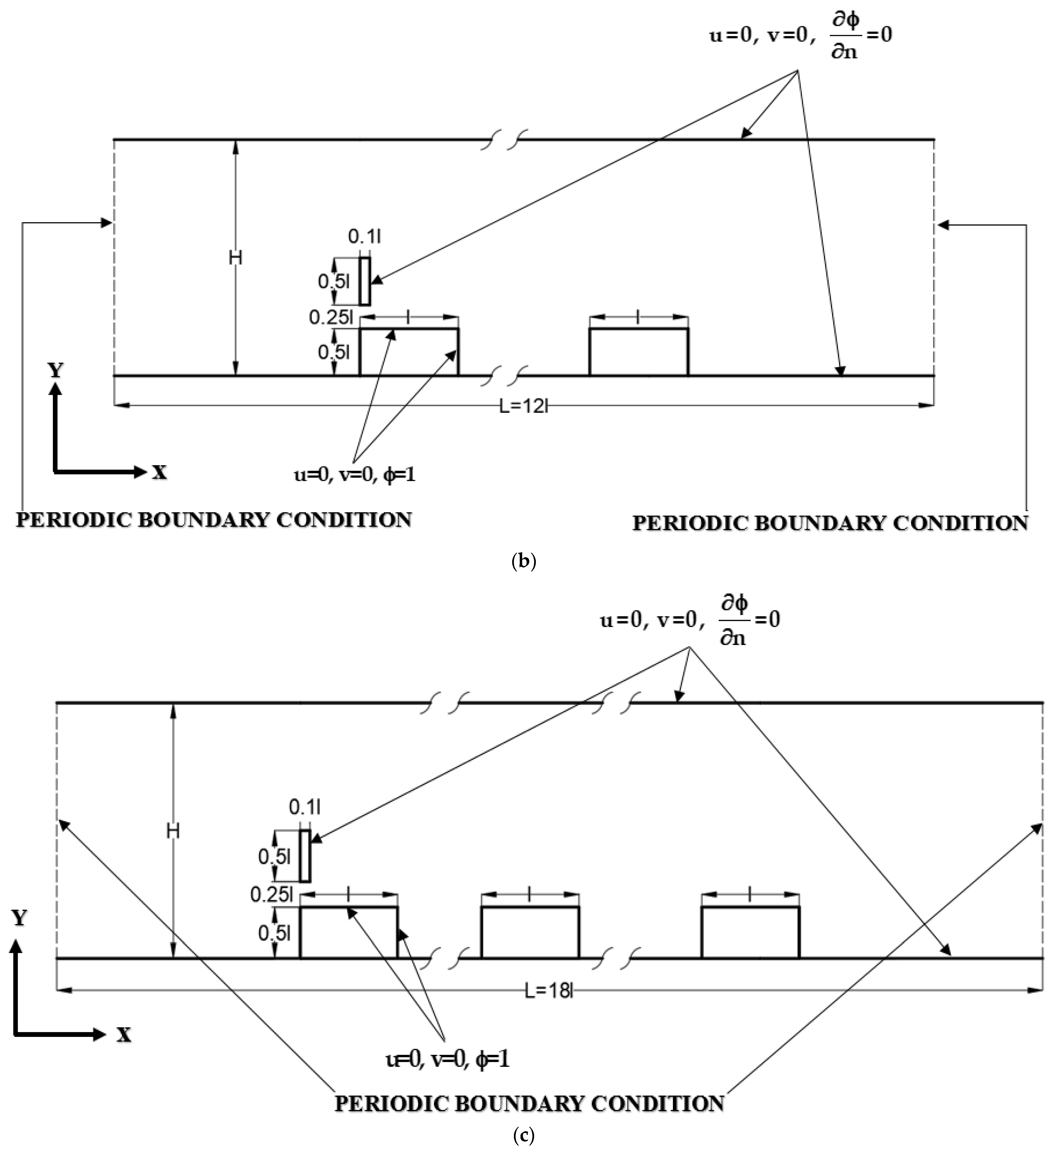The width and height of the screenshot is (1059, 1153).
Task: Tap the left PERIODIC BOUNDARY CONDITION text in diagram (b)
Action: click(x=214, y=519)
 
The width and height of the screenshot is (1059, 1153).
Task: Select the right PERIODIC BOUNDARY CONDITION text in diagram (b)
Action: click(x=830, y=523)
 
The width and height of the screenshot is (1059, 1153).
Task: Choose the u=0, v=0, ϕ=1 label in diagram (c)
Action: click(x=447, y=1060)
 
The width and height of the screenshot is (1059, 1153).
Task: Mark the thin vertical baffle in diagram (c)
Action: click(x=305, y=856)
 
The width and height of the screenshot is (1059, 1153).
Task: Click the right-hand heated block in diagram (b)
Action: click(x=639, y=352)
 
